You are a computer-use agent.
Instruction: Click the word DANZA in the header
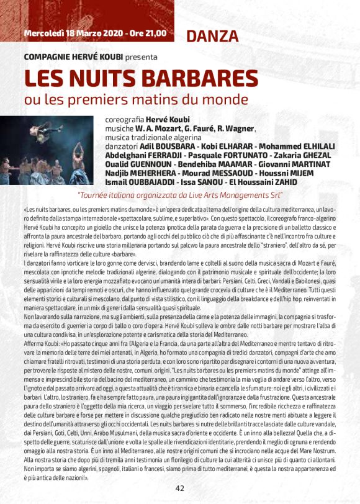(208, 35)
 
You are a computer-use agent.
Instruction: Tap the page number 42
(179, 488)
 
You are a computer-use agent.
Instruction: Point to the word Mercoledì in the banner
(45, 32)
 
